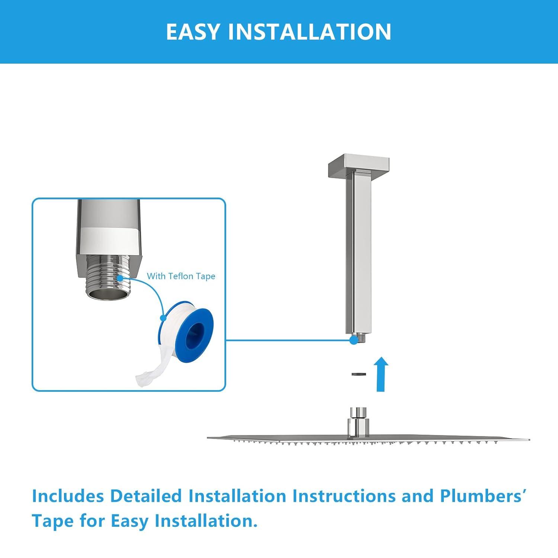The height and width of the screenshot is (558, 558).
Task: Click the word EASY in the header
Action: [193, 32]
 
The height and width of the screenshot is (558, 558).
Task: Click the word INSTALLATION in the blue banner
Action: [310, 32]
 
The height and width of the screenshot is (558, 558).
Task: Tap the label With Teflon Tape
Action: [181, 276]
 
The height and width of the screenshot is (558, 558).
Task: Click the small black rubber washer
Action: [359, 374]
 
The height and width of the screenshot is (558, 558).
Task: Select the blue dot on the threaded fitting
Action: [120, 278]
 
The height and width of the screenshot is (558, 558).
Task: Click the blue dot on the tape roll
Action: [163, 318]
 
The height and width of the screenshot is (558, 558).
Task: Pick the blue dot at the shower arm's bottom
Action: [353, 340]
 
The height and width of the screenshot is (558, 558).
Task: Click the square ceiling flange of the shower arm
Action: [358, 164]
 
